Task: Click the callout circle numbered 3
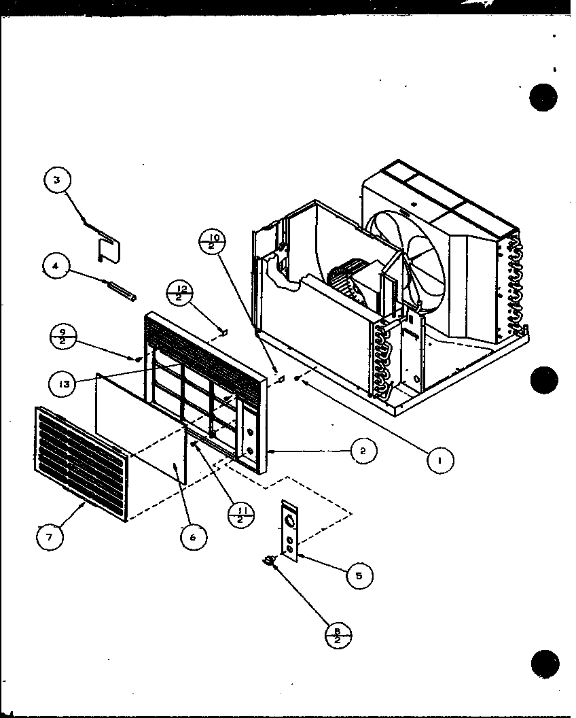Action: pyautogui.click(x=58, y=180)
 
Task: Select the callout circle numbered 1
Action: pyautogui.click(x=440, y=460)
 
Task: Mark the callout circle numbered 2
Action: pyautogui.click(x=364, y=450)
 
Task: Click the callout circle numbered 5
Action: pyautogui.click(x=359, y=576)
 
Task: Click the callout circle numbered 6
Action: pyautogui.click(x=193, y=536)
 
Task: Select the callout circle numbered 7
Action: pyautogui.click(x=50, y=536)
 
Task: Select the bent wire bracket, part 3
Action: pyautogui.click(x=107, y=243)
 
